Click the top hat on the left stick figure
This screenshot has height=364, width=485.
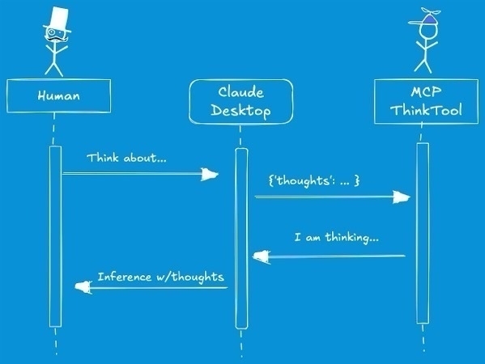[57, 19]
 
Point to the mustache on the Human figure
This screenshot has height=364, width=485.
[57, 39]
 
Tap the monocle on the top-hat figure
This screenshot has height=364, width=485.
[51, 32]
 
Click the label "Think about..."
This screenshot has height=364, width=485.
[126, 158]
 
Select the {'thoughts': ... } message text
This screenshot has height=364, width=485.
[314, 180]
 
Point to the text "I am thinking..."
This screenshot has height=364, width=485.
[337, 238]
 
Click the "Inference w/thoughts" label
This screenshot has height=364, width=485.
[161, 277]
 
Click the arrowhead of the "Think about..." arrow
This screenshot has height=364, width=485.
[210, 174]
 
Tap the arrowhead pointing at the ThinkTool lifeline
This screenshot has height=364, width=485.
[401, 197]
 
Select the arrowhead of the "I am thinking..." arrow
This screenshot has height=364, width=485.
[262, 256]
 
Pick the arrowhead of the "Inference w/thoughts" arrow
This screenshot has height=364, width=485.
[83, 287]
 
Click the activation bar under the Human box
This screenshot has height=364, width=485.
[55, 236]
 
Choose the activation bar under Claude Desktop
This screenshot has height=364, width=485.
[241, 239]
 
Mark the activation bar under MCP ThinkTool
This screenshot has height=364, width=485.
[423, 233]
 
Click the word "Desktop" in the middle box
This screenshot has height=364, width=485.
[240, 111]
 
